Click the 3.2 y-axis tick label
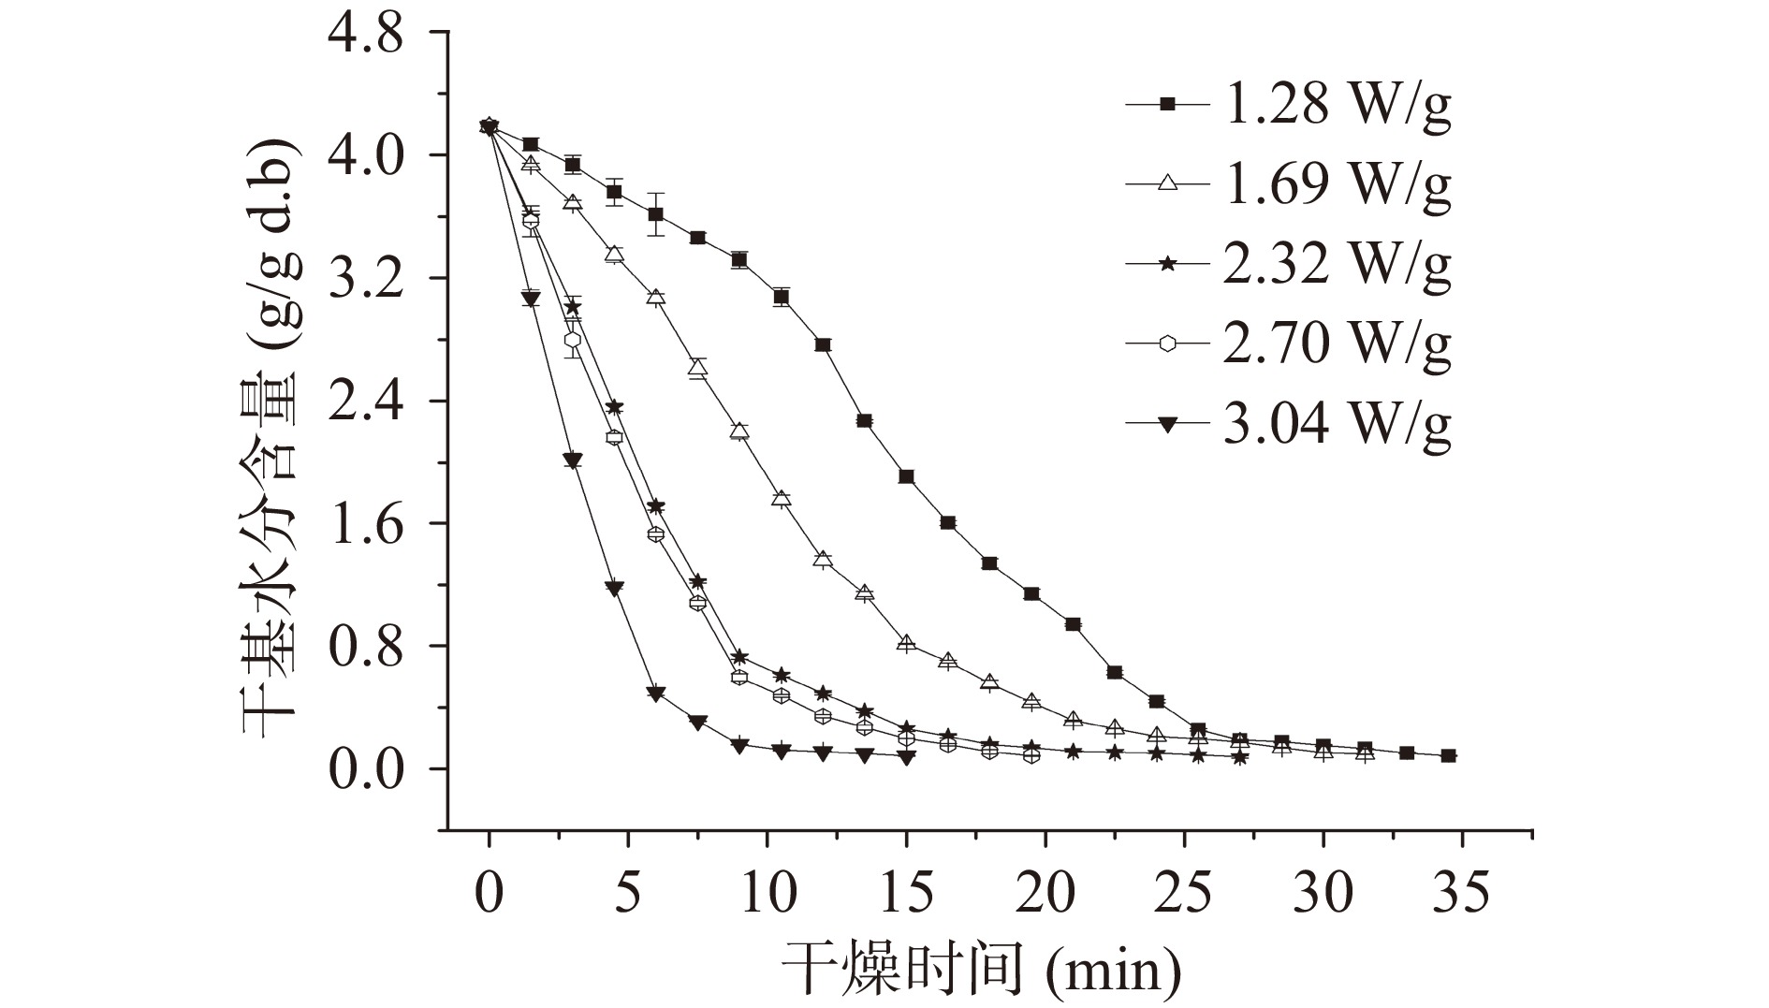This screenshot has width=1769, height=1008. point(366,278)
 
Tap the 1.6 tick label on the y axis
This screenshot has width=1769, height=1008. point(366,523)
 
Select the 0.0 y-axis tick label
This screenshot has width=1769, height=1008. point(366,768)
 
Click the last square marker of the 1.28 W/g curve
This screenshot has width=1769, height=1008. point(1448,755)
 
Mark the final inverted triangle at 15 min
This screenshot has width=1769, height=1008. point(906,757)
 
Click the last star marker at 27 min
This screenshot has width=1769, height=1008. point(1239,757)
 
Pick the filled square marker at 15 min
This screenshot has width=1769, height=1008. point(906,476)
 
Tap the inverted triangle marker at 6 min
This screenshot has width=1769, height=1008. point(655,694)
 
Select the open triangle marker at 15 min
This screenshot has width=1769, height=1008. point(906,643)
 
